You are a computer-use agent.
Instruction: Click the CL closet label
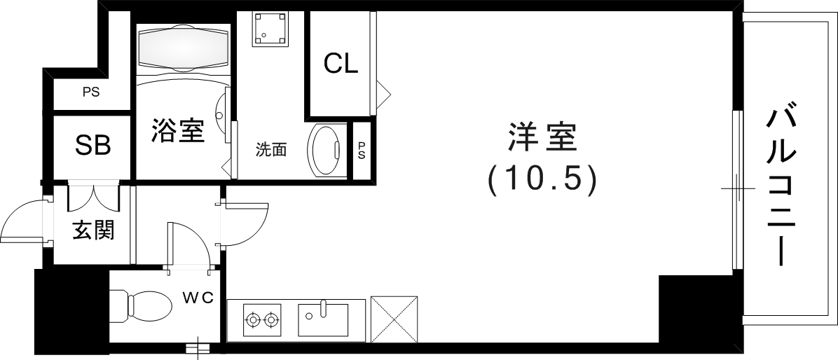click(x=341, y=64)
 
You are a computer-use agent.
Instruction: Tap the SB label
click(x=92, y=146)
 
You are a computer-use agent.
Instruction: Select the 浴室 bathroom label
click(x=178, y=130)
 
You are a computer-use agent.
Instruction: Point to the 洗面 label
click(x=271, y=149)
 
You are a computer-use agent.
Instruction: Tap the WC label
click(x=198, y=298)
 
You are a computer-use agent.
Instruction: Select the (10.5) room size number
click(x=542, y=179)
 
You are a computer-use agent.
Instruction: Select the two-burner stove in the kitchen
click(x=262, y=321)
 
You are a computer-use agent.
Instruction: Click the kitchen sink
click(x=322, y=319)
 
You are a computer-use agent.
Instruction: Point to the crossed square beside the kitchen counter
click(x=394, y=319)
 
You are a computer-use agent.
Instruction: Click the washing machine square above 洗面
click(x=270, y=28)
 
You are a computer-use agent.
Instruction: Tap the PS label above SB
click(x=90, y=92)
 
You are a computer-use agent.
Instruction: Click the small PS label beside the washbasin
click(x=362, y=150)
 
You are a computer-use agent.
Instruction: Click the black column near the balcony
click(x=694, y=308)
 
